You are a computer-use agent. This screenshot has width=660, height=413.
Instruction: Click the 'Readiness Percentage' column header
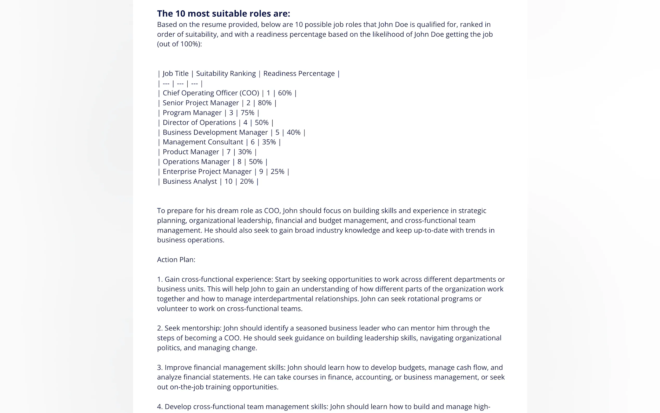pyautogui.click(x=299, y=74)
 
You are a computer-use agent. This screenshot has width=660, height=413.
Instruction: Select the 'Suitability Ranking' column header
pyautogui.click(x=226, y=74)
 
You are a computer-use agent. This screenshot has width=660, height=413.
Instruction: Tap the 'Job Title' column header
pyautogui.click(x=175, y=74)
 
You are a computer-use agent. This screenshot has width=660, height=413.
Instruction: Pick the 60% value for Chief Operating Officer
pyautogui.click(x=285, y=93)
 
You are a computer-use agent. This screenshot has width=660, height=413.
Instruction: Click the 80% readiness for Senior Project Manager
pyautogui.click(x=265, y=103)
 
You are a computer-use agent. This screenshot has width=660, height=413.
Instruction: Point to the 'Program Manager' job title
pyautogui.click(x=192, y=113)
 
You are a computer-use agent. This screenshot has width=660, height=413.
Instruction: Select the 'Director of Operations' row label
pyautogui.click(x=199, y=123)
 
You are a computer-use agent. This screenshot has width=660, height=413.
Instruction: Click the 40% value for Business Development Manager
pyautogui.click(x=293, y=132)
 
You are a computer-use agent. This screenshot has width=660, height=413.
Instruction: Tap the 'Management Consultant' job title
pyautogui.click(x=203, y=142)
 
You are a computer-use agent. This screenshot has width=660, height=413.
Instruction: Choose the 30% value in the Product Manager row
pyautogui.click(x=245, y=152)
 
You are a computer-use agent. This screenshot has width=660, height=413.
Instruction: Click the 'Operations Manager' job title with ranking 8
pyautogui.click(x=196, y=162)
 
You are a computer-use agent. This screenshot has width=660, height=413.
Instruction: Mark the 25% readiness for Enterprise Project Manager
pyautogui.click(x=277, y=172)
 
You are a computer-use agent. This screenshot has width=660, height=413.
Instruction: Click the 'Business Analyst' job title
pyautogui.click(x=190, y=181)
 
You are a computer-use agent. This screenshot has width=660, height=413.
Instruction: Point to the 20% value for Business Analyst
pyautogui.click(x=247, y=181)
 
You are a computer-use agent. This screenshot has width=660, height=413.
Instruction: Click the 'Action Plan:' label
pyautogui.click(x=176, y=260)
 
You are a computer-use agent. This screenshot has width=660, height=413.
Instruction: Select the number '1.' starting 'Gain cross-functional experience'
pyautogui.click(x=160, y=279)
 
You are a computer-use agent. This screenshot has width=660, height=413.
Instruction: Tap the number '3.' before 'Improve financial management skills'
pyautogui.click(x=160, y=367)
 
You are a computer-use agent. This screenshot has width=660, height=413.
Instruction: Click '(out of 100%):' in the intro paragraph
pyautogui.click(x=179, y=44)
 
